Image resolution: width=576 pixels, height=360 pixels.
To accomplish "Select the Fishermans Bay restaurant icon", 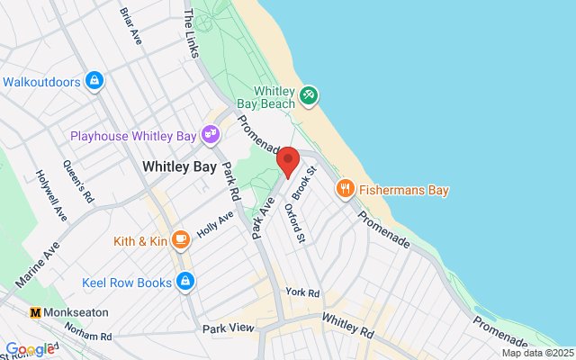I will coord(344,189).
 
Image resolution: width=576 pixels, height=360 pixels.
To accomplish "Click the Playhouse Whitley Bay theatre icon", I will coord(212,135).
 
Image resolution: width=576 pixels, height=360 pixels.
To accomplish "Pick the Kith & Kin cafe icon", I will coord(181,239).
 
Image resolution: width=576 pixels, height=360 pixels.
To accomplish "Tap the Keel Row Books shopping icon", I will coord(185,282).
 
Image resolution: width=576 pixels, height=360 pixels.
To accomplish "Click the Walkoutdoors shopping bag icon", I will coord(94,81).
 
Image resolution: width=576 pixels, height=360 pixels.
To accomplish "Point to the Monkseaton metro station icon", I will coord(36,311).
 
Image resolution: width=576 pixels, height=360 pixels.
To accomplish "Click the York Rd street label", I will coord(302,293).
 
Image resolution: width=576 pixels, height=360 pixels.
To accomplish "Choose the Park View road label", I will coord(229,328).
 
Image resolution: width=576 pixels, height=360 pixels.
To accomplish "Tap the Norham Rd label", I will coord(94,336).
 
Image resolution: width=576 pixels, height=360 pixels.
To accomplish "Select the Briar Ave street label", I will coord(131,24).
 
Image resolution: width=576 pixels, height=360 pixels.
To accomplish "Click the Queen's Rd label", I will coord(78,180).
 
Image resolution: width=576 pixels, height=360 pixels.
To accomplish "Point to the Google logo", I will coord(29,349).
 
